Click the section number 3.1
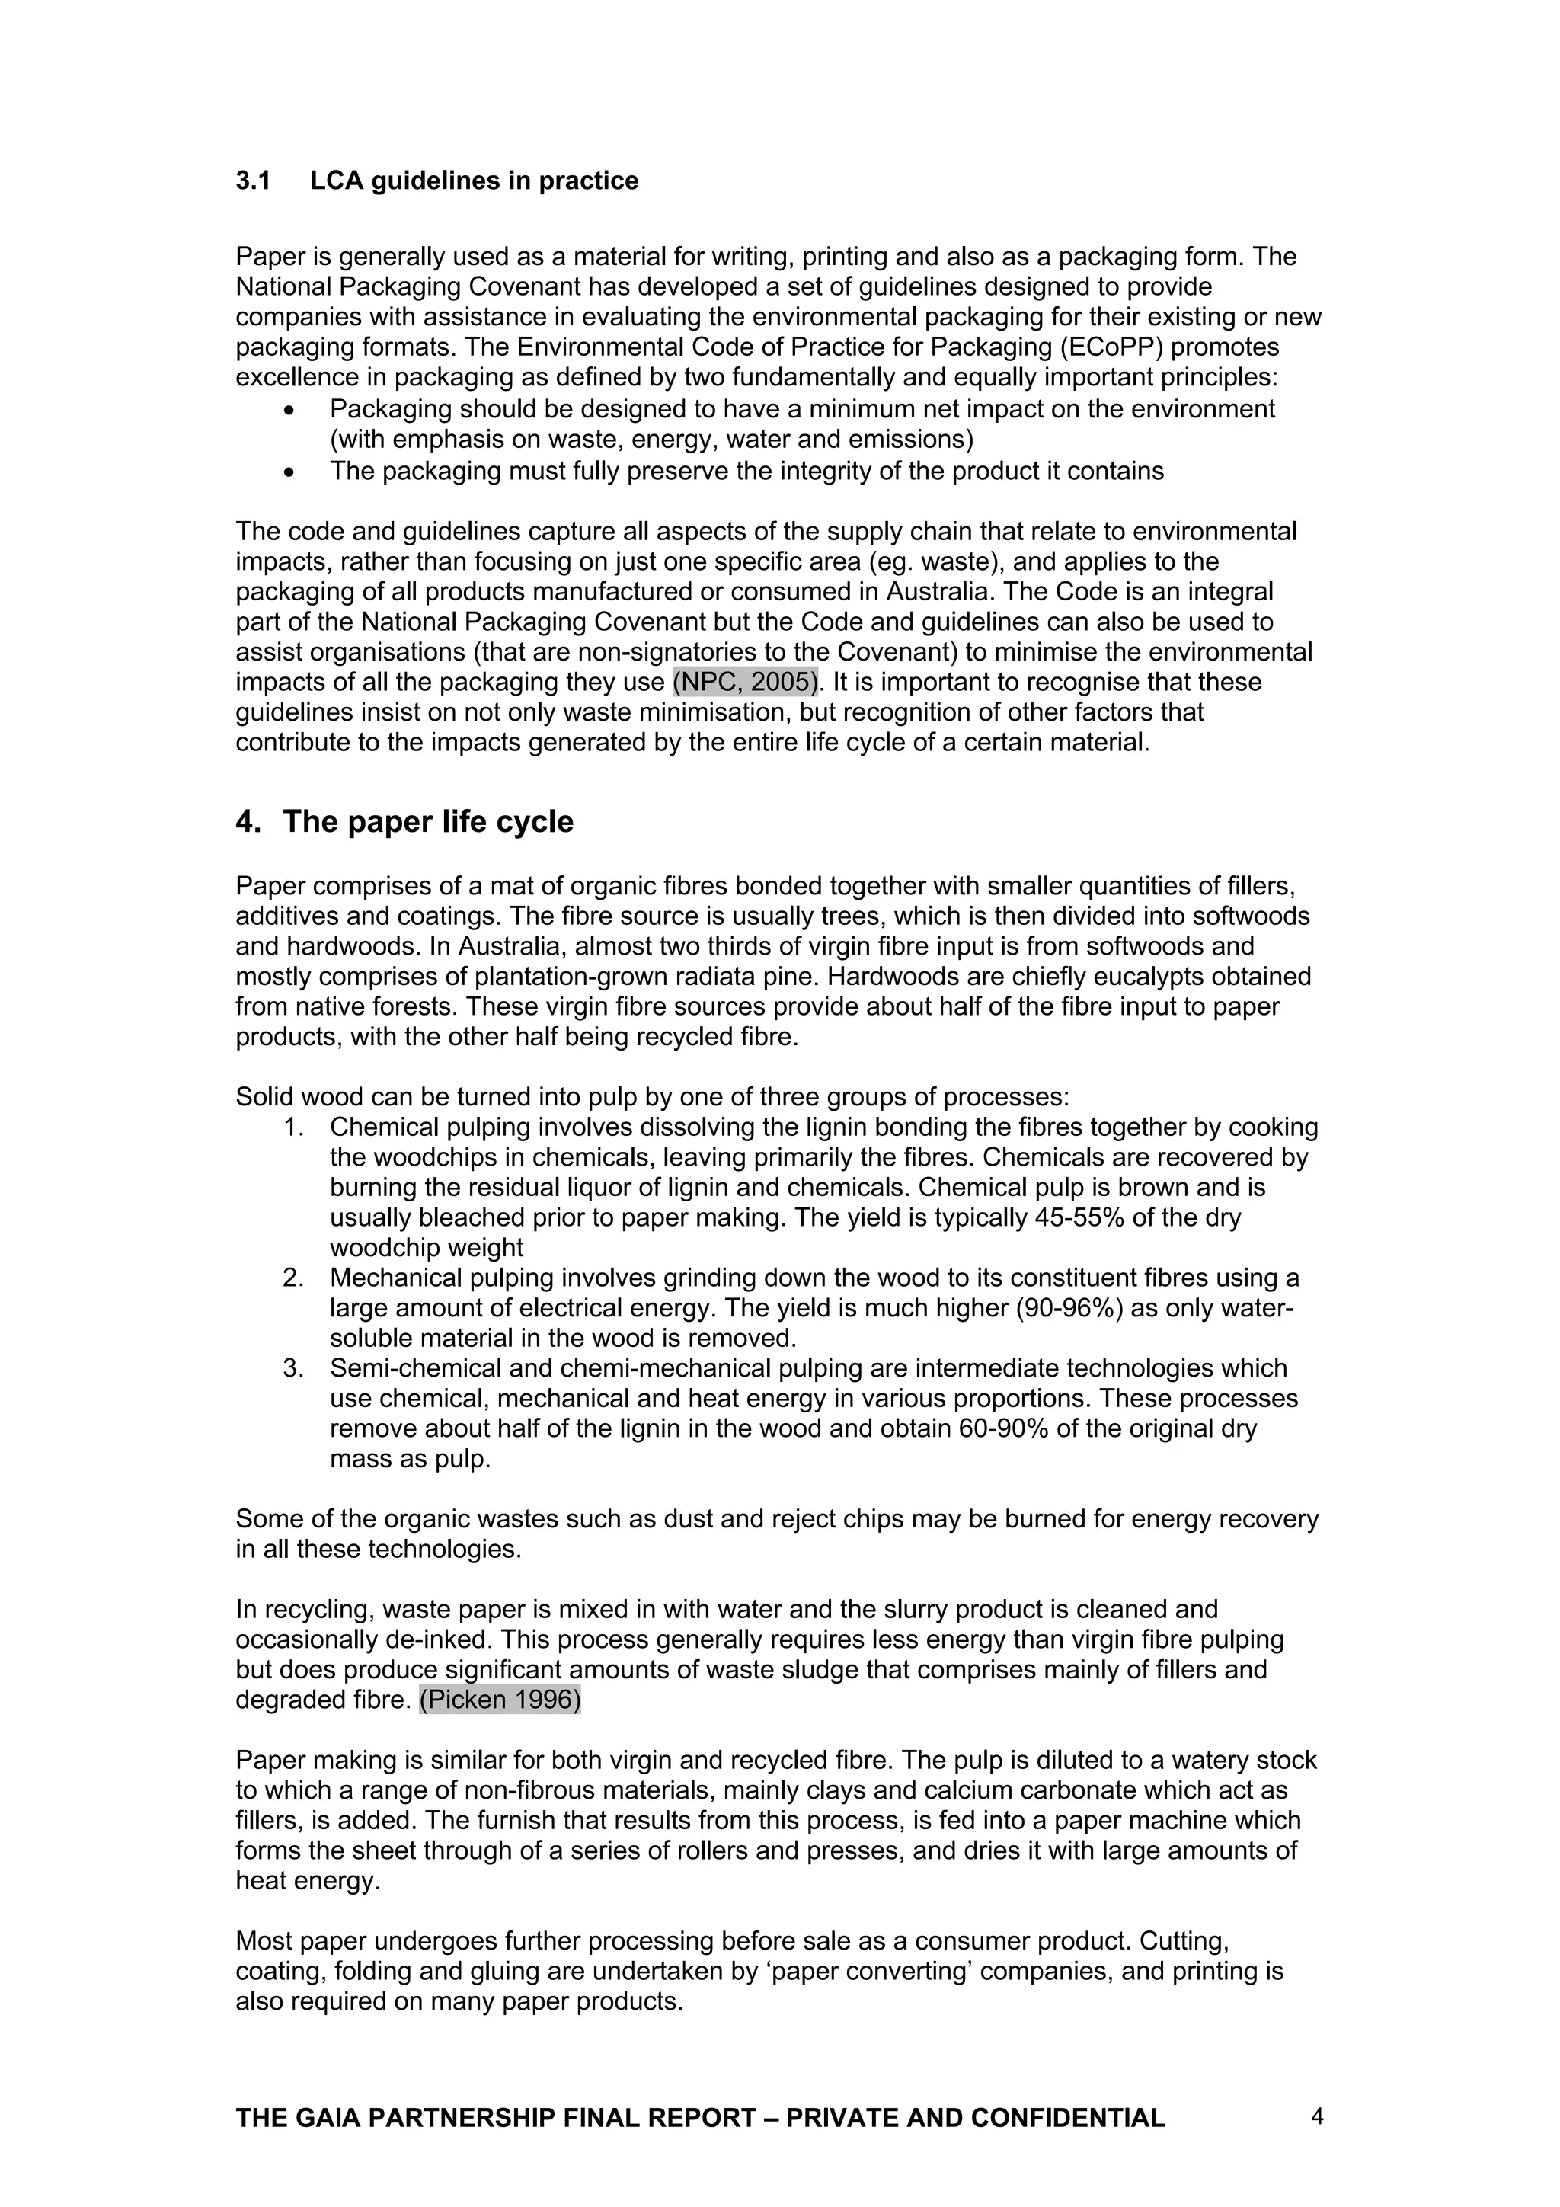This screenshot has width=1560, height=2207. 253,181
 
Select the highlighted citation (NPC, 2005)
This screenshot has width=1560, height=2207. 745,683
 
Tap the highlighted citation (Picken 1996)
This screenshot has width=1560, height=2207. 500,1700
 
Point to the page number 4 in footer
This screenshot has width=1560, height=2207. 1317,2116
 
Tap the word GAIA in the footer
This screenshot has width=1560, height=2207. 327,2119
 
